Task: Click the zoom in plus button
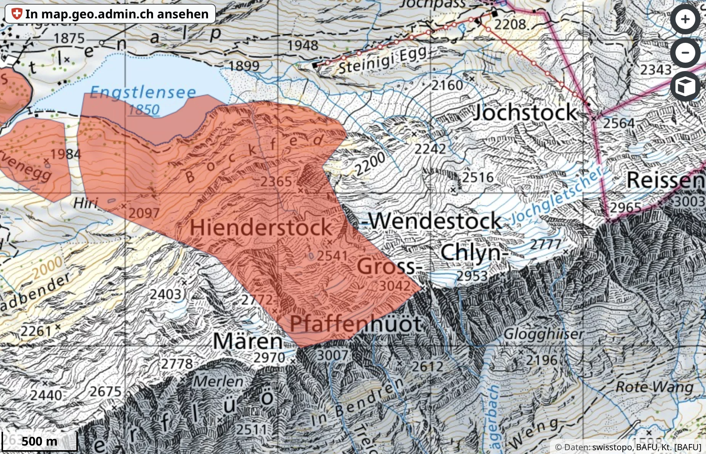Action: click(x=685, y=19)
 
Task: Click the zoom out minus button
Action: click(x=685, y=53)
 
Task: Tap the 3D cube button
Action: click(x=685, y=86)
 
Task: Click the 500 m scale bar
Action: click(x=39, y=441)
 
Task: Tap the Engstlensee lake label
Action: click(x=143, y=92)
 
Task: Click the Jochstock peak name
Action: click(x=525, y=112)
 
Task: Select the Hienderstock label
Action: click(x=261, y=227)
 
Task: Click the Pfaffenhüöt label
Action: click(x=355, y=324)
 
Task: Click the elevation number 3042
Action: click(x=394, y=286)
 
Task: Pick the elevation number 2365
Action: click(x=276, y=182)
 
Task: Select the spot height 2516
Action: click(x=478, y=178)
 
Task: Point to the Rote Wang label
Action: click(x=654, y=387)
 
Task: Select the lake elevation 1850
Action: click(x=144, y=110)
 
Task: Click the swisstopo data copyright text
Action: click(x=628, y=447)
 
